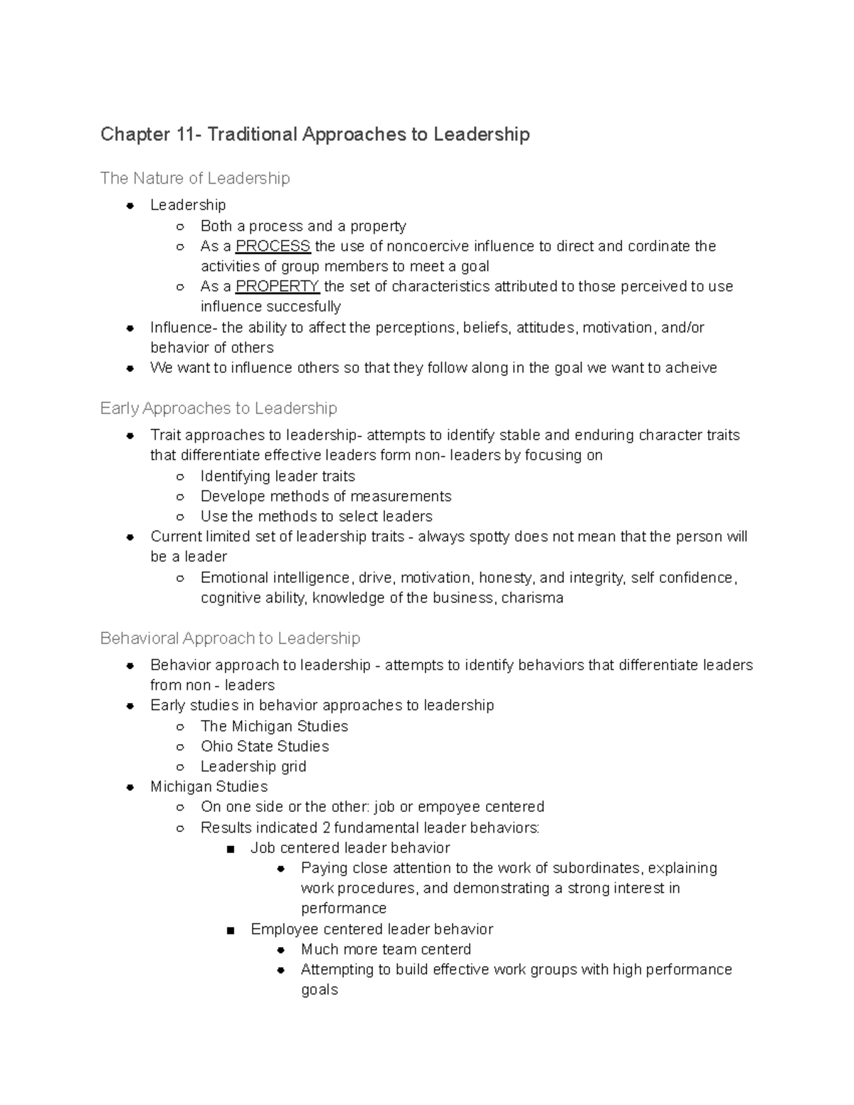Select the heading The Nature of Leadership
coord(195,178)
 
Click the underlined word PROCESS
coord(273,246)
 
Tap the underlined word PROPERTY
coord(278,286)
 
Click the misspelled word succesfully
coord(304,307)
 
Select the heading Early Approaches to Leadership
coord(218,408)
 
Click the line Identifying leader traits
coord(278,476)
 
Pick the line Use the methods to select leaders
coord(316,517)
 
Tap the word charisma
coord(532,598)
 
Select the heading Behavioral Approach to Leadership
coord(230,638)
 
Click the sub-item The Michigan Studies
coord(274,726)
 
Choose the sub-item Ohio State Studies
coord(265,746)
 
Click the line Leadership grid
coord(253,766)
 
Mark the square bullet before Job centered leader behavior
coord(230,849)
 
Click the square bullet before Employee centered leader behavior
coord(230,930)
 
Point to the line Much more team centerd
coord(386,949)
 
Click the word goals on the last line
coord(319,990)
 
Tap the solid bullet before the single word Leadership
coord(130,206)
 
